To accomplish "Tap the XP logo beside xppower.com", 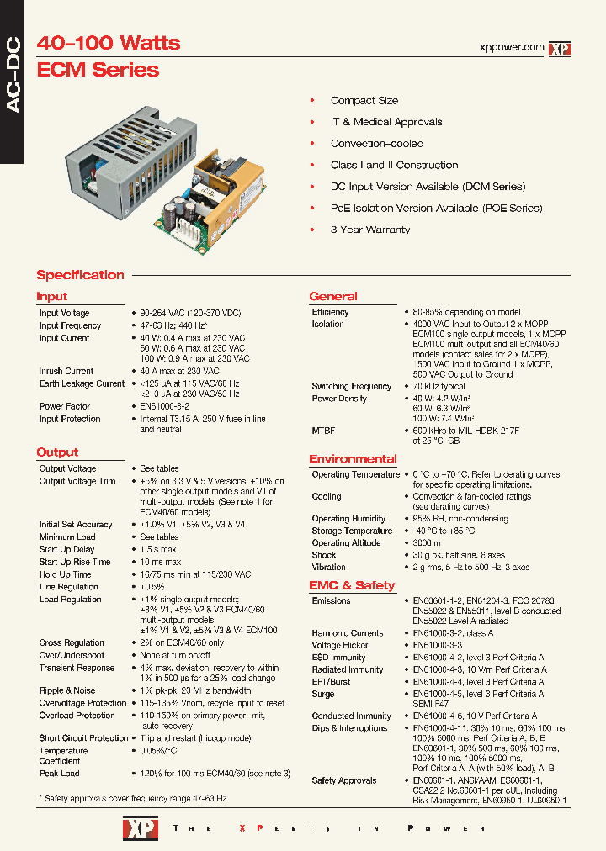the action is (560, 49).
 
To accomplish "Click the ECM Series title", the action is (98, 70).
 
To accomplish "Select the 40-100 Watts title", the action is (109, 42).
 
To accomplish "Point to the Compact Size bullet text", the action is (364, 101).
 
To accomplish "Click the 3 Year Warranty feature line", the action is (369, 230).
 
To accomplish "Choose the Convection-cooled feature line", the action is (376, 144).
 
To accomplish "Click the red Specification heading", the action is (80, 275).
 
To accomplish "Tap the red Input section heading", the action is (51, 296).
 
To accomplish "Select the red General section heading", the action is (333, 296).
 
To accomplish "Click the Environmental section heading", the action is (353, 458).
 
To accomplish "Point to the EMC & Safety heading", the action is (351, 585).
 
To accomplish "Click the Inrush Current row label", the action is (66, 371).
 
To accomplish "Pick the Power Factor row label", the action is (64, 406).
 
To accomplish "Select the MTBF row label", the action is (323, 431).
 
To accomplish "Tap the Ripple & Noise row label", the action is (67, 690).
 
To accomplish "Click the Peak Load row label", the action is (59, 773).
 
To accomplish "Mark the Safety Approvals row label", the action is (343, 780).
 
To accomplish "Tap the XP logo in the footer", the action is (136, 828).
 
